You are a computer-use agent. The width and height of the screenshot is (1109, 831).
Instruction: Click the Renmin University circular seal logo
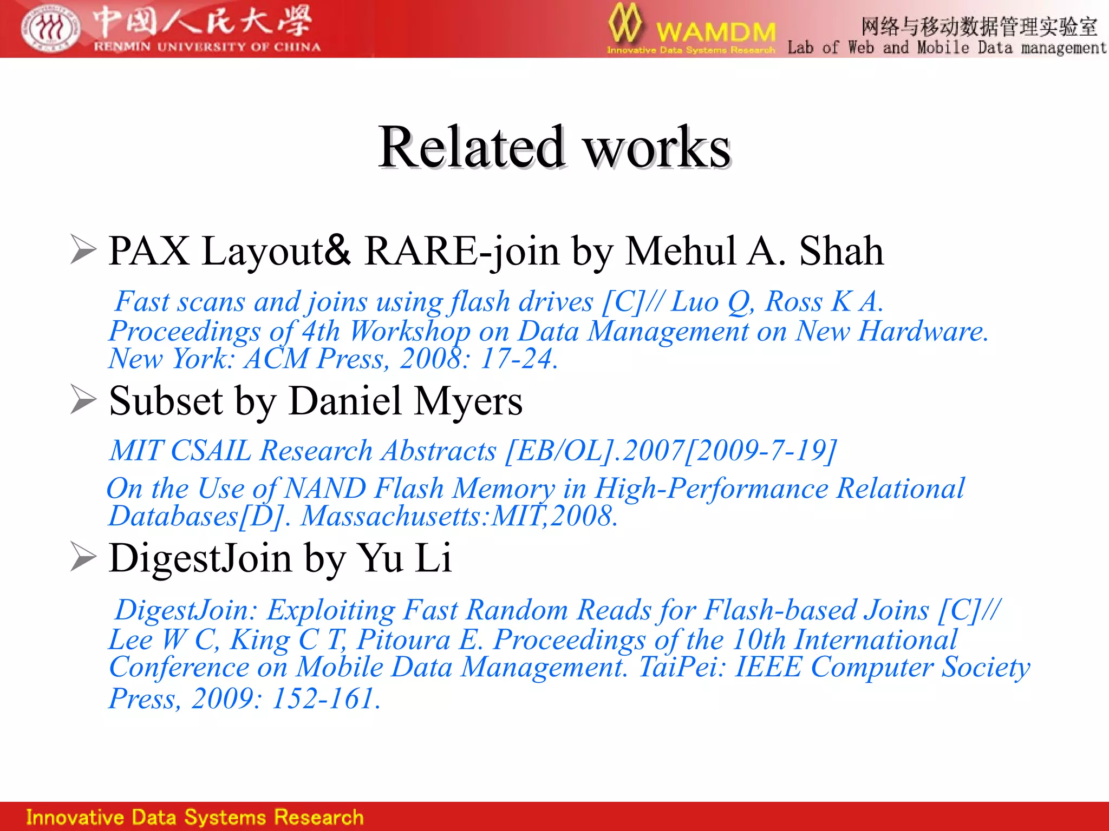point(51,28)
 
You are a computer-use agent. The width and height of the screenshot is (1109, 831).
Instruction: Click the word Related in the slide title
point(471,147)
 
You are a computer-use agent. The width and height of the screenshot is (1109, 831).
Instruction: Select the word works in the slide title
point(657,147)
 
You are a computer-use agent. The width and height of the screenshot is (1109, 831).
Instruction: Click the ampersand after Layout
point(338,249)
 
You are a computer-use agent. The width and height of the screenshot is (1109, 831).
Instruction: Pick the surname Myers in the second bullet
point(468,401)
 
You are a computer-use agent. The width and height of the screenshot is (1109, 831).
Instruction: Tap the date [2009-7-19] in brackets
point(761,451)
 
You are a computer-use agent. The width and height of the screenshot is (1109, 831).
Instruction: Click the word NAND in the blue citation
point(325,489)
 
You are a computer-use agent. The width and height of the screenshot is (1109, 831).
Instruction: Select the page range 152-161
point(325,698)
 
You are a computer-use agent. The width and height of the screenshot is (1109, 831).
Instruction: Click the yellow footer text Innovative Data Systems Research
point(194,817)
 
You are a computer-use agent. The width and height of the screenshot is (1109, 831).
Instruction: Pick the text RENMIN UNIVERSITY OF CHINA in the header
point(207,47)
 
